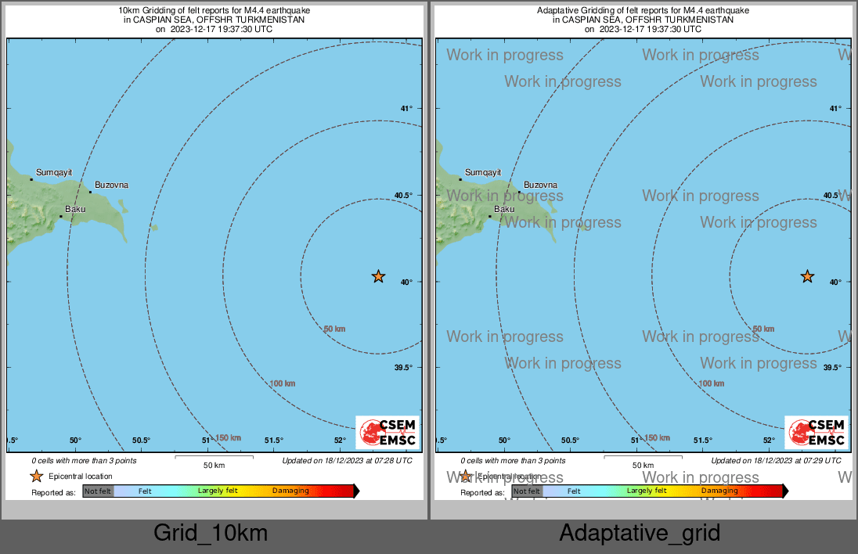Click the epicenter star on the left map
[378, 276]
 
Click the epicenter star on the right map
[807, 276]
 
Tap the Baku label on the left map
[75, 209]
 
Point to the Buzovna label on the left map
[112, 185]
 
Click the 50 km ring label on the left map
[334, 329]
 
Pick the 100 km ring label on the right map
[712, 383]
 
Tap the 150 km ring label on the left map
[228, 437]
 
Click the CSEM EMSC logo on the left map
[387, 433]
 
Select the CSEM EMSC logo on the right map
[816, 433]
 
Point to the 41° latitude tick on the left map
[406, 109]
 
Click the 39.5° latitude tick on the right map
[832, 368]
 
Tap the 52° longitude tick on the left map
[340, 441]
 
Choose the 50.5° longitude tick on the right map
[571, 441]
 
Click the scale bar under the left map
[214, 457]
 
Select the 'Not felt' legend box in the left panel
[99, 491]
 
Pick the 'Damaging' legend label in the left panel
[290, 491]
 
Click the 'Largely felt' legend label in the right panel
[647, 491]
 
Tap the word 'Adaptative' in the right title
[560, 10]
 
